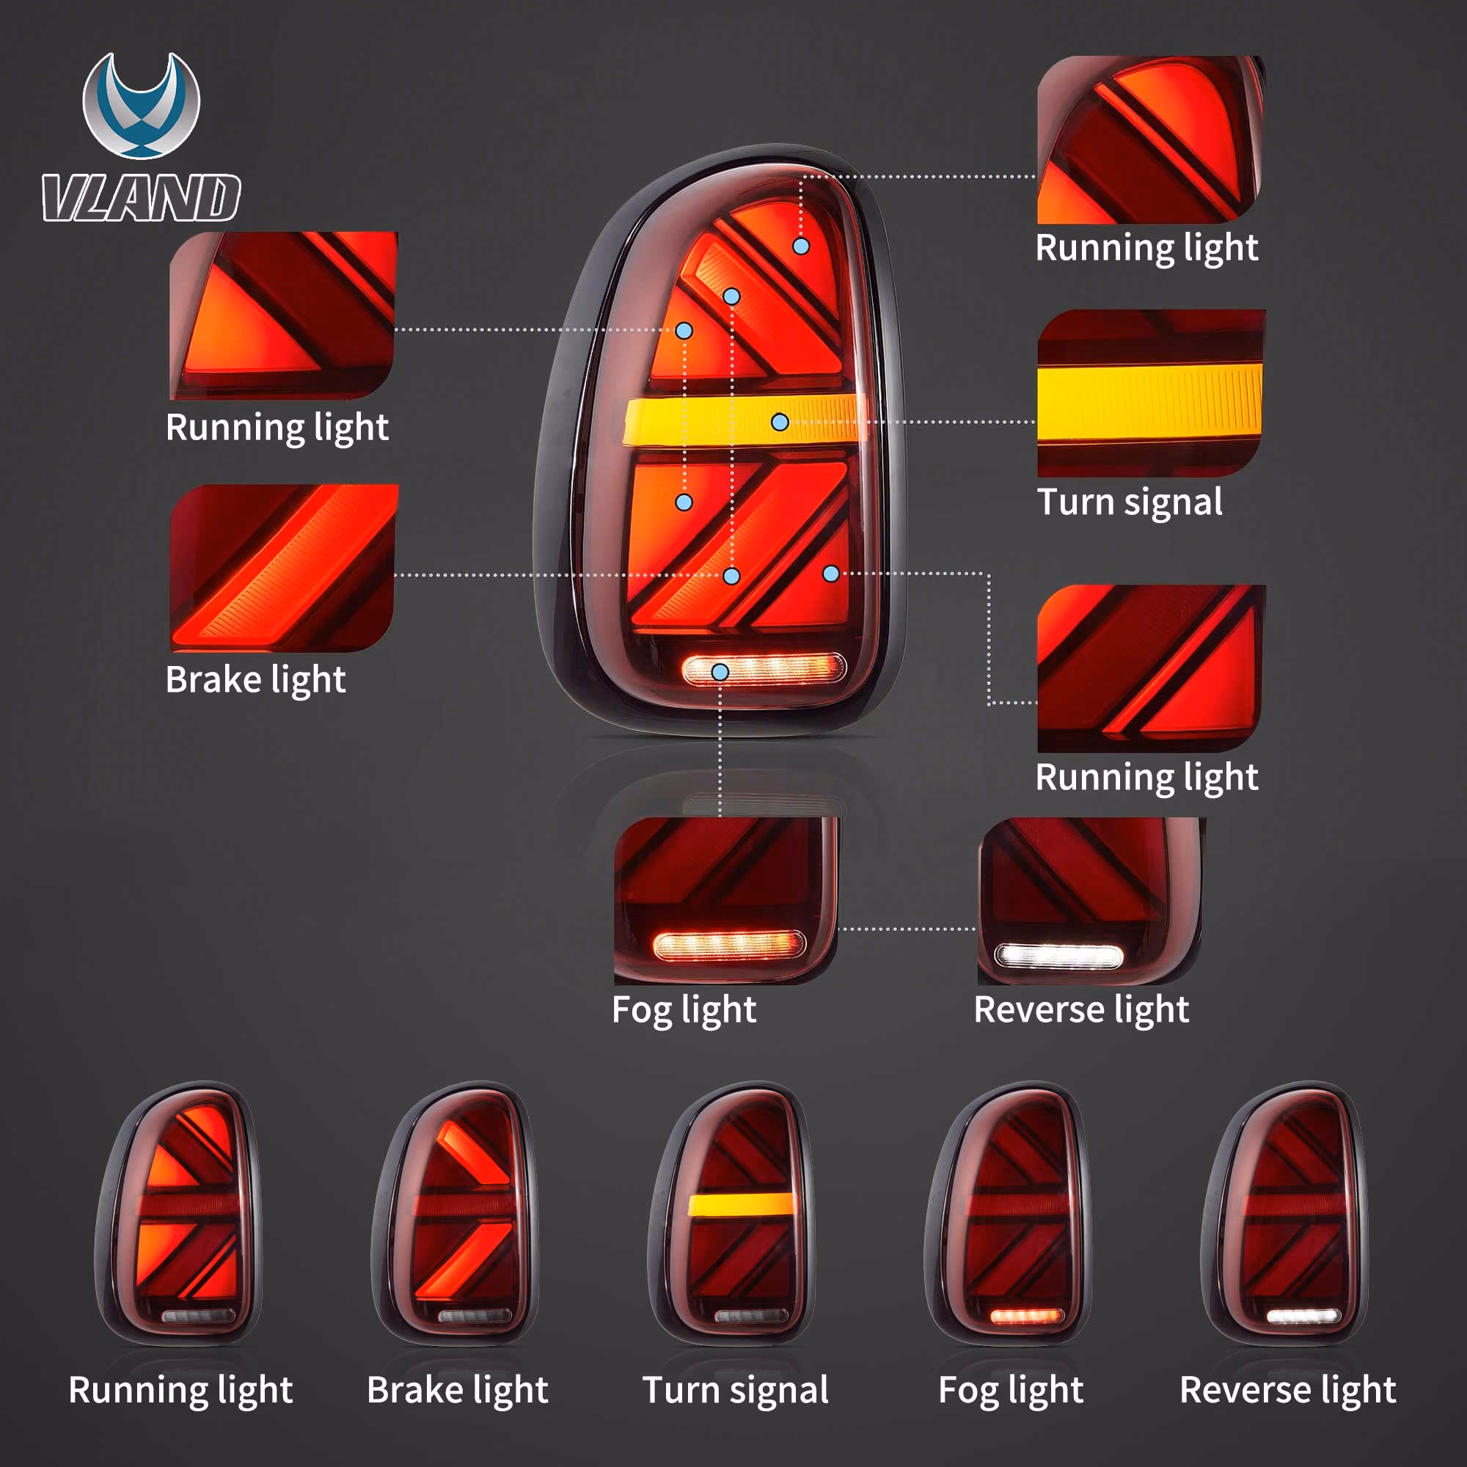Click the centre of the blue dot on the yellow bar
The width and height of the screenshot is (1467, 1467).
pyautogui.click(x=780, y=422)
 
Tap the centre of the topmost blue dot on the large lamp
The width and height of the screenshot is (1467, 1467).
pyautogui.click(x=801, y=246)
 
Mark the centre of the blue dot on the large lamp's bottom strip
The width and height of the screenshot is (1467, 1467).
pyautogui.click(x=720, y=672)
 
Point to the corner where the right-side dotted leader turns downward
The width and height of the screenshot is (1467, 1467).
pyautogui.click(x=989, y=574)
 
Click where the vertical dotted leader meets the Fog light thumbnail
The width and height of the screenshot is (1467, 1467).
pyautogui.click(x=720, y=817)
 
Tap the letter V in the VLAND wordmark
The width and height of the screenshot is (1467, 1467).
pyautogui.click(x=64, y=198)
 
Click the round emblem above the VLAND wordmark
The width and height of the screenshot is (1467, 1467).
pyautogui.click(x=142, y=106)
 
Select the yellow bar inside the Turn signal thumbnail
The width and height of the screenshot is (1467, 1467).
pyautogui.click(x=1149, y=403)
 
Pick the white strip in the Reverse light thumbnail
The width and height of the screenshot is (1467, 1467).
pyautogui.click(x=1058, y=955)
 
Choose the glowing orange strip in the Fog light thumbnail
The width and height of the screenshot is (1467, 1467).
pyautogui.click(x=728, y=945)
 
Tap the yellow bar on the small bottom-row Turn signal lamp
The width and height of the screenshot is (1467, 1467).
pyautogui.click(x=740, y=1204)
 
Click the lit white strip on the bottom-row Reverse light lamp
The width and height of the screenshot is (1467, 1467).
pyautogui.click(x=1303, y=1316)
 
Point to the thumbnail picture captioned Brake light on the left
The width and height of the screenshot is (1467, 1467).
pyautogui.click(x=283, y=568)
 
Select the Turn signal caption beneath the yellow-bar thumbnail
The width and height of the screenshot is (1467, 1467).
pyautogui.click(x=1130, y=502)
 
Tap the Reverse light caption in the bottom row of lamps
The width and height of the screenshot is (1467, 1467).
pyautogui.click(x=1288, y=1390)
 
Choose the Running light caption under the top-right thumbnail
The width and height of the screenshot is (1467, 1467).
pyautogui.click(x=1146, y=249)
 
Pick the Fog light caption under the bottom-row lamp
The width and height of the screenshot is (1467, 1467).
pyautogui.click(x=1011, y=1390)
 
